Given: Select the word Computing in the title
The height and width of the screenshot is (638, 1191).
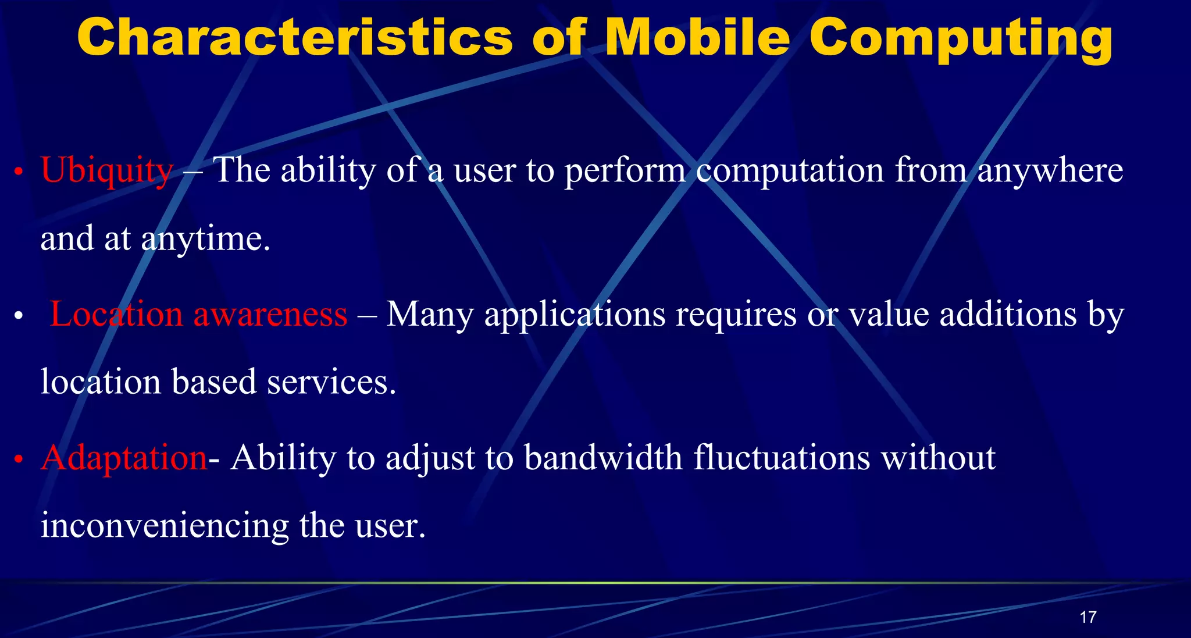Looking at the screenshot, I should pyautogui.click(x=961, y=40).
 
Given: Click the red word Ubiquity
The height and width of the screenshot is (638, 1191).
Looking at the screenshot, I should pyautogui.click(x=107, y=172).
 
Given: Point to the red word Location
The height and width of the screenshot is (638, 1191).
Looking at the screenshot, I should pyautogui.click(x=116, y=315).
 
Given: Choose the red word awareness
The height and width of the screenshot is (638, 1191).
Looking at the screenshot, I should pyautogui.click(x=270, y=315).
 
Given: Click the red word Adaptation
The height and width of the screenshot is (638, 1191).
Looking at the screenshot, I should pyautogui.click(x=124, y=458).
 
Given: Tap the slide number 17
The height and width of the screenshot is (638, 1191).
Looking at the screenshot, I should pyautogui.click(x=1087, y=617).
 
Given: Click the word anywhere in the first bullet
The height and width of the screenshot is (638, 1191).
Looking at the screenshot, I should pyautogui.click(x=1050, y=172).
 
